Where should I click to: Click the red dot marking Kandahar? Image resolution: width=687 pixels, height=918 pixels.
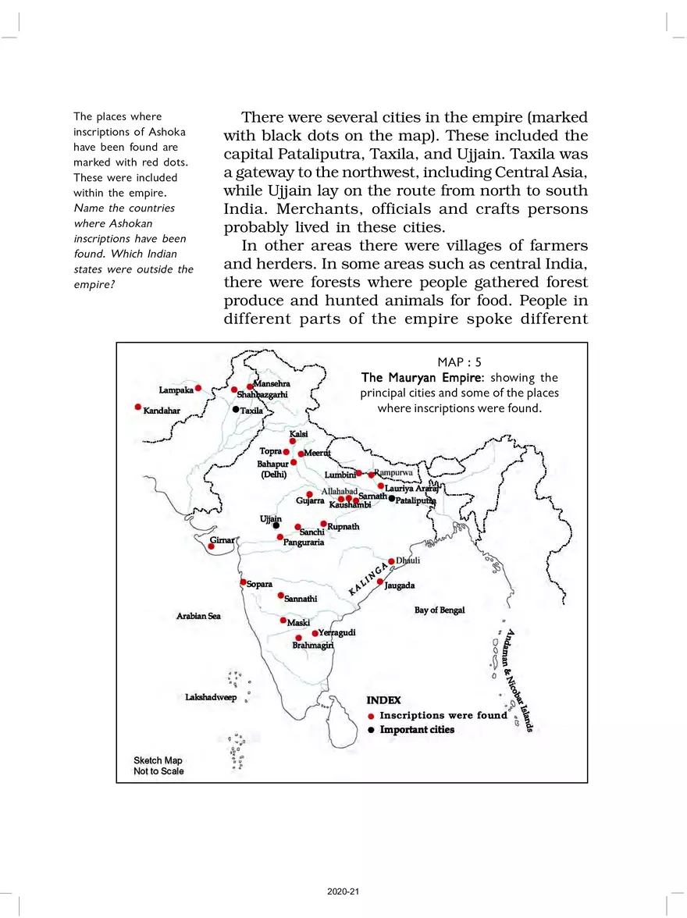coord(138,407)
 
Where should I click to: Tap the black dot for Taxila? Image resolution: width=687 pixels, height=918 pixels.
coord(236,409)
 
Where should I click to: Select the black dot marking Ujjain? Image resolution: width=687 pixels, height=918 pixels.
coord(276,525)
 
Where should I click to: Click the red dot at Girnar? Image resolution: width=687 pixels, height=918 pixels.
coord(211,546)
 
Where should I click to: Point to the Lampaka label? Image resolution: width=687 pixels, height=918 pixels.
coord(176,390)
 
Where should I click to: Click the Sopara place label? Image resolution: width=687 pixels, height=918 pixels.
coord(260,584)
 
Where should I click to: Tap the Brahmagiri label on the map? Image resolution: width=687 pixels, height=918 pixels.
coord(313,646)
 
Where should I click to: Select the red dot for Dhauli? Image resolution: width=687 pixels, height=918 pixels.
coord(391,560)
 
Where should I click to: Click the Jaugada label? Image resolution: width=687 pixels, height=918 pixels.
coord(400,585)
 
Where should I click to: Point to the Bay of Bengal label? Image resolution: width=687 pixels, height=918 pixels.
coord(440,610)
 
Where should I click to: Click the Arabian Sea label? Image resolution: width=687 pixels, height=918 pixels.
coord(198,616)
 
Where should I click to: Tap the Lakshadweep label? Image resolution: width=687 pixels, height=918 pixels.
coord(210,697)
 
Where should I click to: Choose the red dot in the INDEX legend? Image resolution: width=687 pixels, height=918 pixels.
coord(372,716)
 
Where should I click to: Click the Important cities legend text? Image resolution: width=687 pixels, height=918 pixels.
coord(417,730)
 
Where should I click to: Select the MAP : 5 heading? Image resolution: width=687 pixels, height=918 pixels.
coord(460,362)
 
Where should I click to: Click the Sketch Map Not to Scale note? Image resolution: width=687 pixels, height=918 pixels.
coord(158,766)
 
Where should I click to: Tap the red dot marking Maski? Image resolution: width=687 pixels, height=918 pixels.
coord(283,620)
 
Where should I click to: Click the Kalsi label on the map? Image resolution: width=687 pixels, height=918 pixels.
coord(299,433)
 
